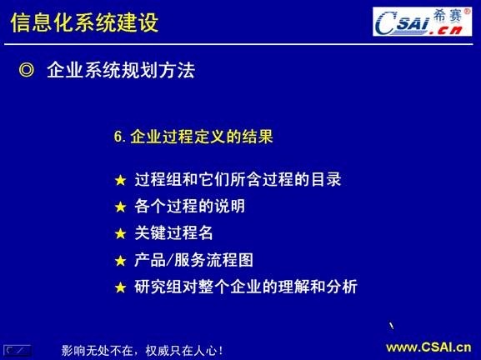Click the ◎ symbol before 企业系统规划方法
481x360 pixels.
26,71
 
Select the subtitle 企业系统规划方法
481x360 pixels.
121,71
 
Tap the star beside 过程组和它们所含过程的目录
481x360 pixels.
122,180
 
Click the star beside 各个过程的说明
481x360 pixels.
122,207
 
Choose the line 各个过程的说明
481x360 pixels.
189,206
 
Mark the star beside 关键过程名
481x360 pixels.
122,233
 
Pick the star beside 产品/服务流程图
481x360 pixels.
122,261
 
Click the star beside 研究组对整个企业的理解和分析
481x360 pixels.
122,288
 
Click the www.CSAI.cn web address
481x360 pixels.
428,347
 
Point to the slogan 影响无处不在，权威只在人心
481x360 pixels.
142,350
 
